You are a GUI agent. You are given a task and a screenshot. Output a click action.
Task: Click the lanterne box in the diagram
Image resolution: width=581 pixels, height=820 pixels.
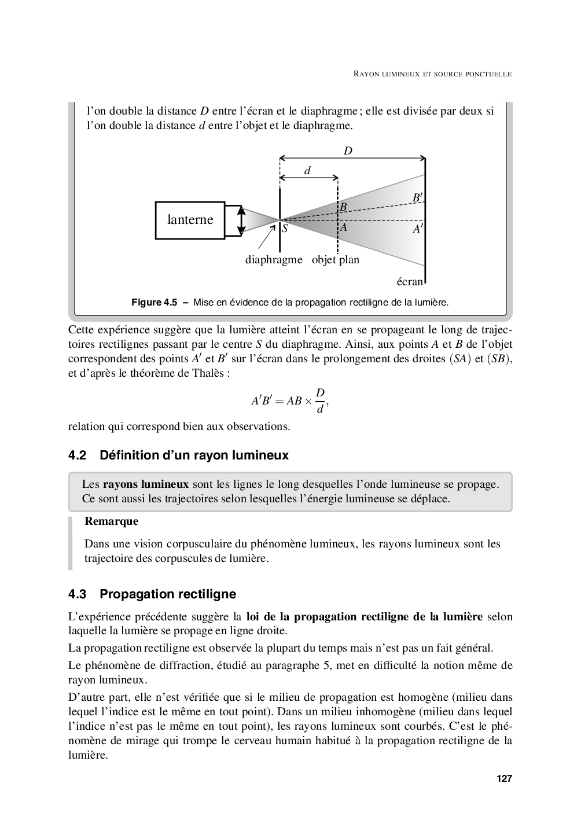click(190, 220)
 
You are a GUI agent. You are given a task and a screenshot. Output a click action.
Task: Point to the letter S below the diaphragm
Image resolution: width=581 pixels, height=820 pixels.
click(285, 229)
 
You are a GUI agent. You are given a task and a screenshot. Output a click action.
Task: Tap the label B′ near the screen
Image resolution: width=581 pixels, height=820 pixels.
click(417, 198)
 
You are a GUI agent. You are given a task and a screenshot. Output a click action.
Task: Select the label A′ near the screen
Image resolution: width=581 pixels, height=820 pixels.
click(417, 229)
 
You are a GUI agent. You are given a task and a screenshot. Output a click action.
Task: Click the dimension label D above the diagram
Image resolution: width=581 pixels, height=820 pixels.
click(348, 151)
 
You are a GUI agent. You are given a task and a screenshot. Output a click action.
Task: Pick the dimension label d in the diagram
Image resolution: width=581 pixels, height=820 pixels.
click(308, 171)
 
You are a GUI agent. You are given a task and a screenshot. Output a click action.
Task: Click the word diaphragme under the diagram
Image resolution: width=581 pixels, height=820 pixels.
click(274, 260)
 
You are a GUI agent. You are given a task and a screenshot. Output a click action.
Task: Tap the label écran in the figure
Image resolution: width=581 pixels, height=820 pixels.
click(410, 282)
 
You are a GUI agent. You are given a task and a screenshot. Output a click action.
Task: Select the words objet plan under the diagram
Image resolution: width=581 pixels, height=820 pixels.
click(336, 260)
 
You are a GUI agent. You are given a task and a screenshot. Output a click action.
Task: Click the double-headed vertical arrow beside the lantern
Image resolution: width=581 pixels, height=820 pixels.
click(242, 220)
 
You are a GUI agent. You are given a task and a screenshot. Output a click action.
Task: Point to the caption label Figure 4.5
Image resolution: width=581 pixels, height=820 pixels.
click(154, 302)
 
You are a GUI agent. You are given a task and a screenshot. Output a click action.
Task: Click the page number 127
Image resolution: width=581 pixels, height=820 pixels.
click(504, 779)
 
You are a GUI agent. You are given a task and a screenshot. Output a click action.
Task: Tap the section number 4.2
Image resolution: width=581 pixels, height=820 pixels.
click(77, 455)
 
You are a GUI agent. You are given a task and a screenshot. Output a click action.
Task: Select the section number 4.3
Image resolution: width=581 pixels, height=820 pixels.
click(77, 594)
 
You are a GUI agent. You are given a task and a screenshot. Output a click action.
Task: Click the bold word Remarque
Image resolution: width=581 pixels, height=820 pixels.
click(112, 521)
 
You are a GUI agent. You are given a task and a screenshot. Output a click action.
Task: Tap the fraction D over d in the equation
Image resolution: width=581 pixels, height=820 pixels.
click(320, 400)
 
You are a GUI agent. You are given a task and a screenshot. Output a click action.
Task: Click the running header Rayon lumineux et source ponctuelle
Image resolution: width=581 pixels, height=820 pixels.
click(433, 74)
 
